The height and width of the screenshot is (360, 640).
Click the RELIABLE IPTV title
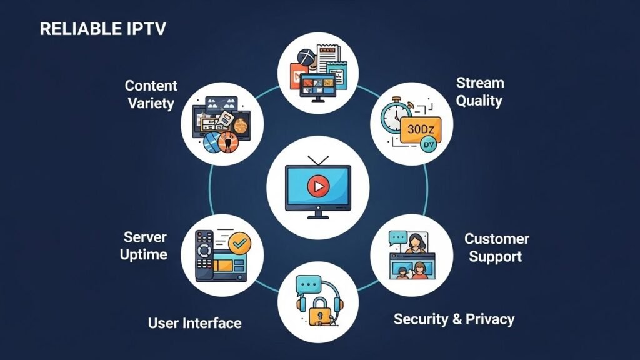click(103, 29)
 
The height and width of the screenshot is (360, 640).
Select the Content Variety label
click(151, 94)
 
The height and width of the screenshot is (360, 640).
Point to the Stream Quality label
click(479, 91)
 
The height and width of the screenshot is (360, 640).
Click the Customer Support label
click(496, 247)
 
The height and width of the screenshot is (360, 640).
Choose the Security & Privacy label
click(454, 319)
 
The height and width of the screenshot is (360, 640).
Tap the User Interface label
click(194, 323)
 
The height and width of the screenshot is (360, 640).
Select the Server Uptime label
click(145, 246)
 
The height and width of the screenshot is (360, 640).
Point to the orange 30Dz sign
click(419, 130)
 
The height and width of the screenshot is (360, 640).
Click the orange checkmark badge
click(238, 243)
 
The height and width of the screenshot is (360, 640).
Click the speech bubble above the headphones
click(309, 286)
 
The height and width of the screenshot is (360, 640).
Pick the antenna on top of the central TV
click(319, 161)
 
